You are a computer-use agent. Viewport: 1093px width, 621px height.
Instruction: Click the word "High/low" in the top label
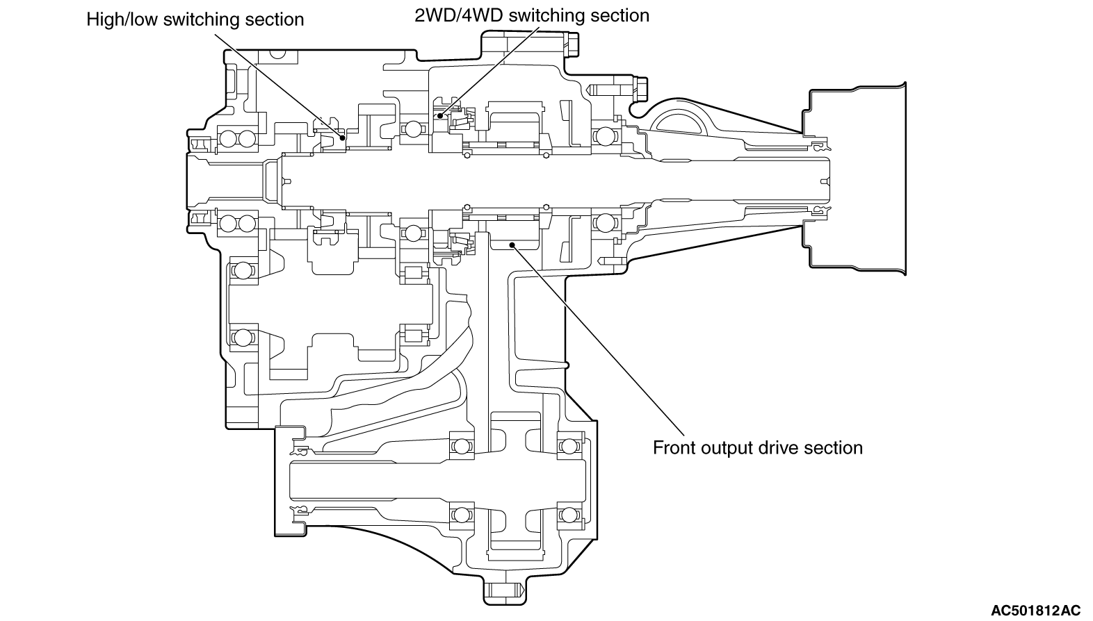click(122, 19)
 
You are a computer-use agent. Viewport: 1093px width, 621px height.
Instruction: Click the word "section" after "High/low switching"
click(275, 19)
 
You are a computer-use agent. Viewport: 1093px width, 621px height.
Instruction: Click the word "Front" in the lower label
click(671, 448)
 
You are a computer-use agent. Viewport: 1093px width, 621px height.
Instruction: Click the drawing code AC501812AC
click(1035, 611)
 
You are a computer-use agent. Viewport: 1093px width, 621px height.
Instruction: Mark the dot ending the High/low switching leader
click(341, 137)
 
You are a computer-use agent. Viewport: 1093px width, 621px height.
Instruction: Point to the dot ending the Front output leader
click(512, 243)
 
